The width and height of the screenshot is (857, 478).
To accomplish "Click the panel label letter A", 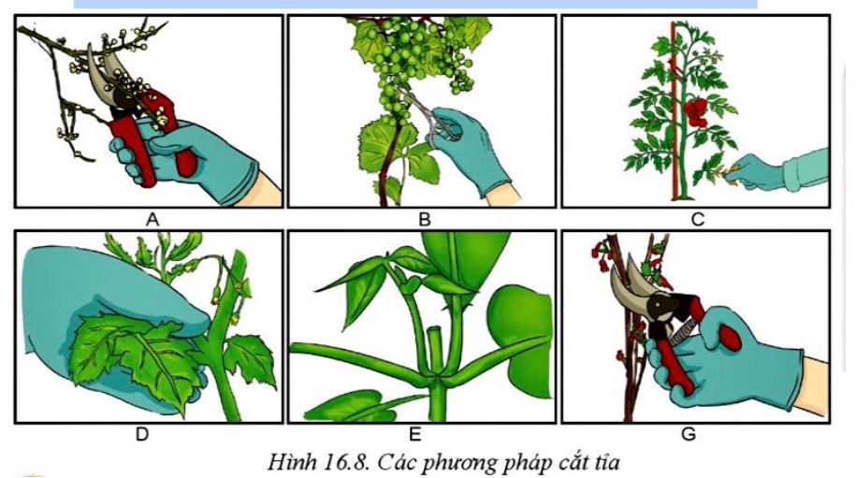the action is pyautogui.click(x=153, y=220).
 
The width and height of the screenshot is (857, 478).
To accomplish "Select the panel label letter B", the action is pyautogui.click(x=424, y=220).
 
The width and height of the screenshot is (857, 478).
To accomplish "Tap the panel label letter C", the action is pyautogui.click(x=697, y=220).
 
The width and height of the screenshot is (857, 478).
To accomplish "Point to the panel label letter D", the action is pyautogui.click(x=142, y=435).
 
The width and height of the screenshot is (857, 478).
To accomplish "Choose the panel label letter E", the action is pyautogui.click(x=414, y=435).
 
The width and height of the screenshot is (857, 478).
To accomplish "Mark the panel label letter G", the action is pyautogui.click(x=689, y=435).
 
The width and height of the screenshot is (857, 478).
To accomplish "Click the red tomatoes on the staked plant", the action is pyautogui.click(x=695, y=112).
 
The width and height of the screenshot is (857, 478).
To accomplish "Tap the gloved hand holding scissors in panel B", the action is pyautogui.click(x=467, y=149).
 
